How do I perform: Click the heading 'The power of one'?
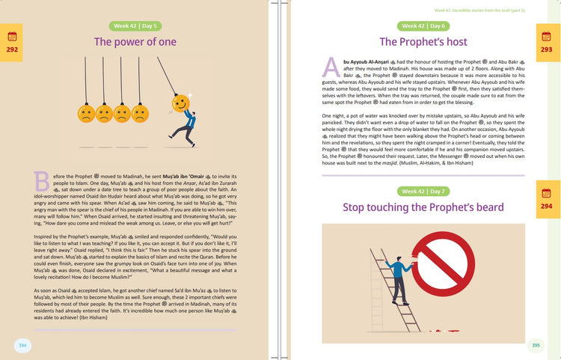tap(135, 42)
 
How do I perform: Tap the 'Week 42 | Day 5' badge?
tap(135, 26)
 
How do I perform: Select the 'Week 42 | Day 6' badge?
tap(423, 25)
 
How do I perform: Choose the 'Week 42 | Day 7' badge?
tap(423, 192)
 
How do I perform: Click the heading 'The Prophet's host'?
tap(423, 42)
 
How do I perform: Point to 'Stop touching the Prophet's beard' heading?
tap(423, 207)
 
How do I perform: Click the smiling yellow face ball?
tap(180, 101)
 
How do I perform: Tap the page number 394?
tap(22, 344)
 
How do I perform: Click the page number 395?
tap(536, 345)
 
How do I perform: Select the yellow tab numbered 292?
tap(12, 42)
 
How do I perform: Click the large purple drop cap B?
tap(42, 180)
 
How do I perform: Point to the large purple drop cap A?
tap(331, 67)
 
